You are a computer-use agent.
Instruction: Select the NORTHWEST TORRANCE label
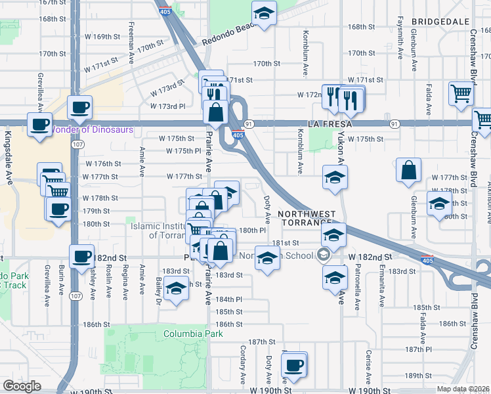tap(307, 219)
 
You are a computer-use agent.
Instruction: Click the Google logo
tap(22, 386)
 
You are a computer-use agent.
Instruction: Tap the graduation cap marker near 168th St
tap(264, 13)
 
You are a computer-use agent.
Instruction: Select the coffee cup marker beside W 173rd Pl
tap(79, 107)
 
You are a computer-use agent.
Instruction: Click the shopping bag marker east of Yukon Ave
tap(409, 171)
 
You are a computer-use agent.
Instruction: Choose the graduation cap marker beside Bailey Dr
tap(175, 290)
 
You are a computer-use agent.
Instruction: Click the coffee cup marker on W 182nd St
tap(82, 256)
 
